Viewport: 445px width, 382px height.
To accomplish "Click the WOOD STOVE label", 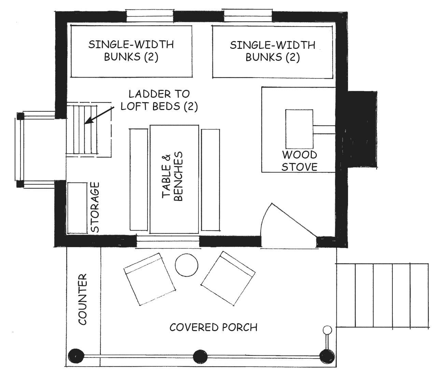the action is click(x=300, y=161).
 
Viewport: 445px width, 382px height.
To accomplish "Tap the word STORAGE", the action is click(x=95, y=207).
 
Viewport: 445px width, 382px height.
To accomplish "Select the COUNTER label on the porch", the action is click(x=82, y=299).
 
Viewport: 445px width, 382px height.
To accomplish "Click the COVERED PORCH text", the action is click(x=213, y=327).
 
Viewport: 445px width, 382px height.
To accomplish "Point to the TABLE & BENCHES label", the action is click(x=172, y=176).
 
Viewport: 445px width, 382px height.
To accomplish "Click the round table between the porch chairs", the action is click(x=186, y=265).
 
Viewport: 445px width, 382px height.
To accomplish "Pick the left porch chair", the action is click(x=150, y=279).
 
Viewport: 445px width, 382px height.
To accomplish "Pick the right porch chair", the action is click(x=228, y=278).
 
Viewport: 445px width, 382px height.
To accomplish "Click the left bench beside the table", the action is click(x=139, y=179).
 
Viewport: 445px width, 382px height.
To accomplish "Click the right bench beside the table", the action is click(x=211, y=179).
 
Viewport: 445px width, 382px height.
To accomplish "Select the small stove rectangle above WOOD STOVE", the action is click(x=299, y=129).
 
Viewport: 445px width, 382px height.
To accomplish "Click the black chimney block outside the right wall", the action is click(x=362, y=129).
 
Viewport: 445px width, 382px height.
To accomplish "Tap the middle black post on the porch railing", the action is click(x=200, y=357).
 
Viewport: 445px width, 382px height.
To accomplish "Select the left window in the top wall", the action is click(x=150, y=15).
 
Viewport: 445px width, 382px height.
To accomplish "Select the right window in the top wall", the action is click(x=248, y=15).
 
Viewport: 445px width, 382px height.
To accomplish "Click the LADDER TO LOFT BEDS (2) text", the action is click(x=159, y=100).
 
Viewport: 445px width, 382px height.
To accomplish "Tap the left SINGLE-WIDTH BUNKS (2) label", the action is click(x=131, y=51).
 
